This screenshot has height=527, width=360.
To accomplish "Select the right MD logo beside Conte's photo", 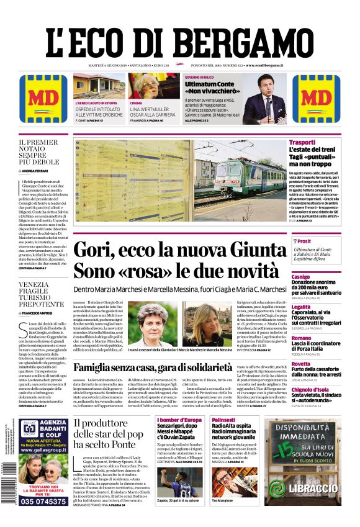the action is click(316, 99).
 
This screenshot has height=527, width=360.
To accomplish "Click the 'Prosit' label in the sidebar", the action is click(304, 241).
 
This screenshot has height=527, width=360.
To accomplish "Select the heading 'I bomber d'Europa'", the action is click(179, 420).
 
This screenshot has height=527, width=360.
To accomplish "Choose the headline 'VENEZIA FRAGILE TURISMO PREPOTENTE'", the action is click(42, 295).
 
